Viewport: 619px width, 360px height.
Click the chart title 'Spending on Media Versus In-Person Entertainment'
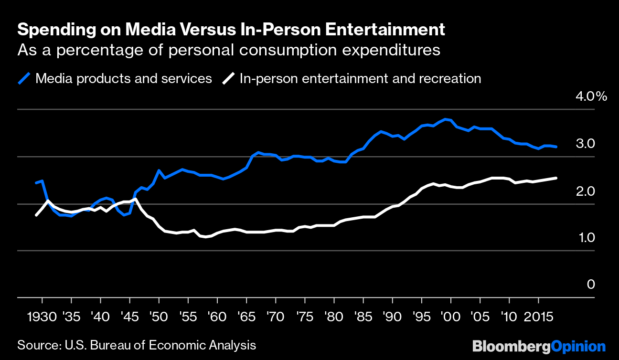[231, 30]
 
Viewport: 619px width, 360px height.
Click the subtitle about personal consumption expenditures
[228, 50]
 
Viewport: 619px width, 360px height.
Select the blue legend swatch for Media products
[24, 78]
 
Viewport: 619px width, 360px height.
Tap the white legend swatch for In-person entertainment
[230, 78]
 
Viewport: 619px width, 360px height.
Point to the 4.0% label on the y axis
[591, 97]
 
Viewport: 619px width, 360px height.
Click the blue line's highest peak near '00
[445, 119]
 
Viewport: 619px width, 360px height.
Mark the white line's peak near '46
[136, 199]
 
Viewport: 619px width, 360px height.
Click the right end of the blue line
[556, 147]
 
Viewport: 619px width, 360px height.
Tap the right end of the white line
[556, 178]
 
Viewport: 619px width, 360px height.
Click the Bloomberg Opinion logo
[539, 346]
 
